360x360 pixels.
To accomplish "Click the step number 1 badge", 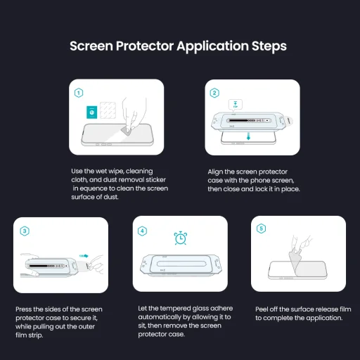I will tap(79, 93).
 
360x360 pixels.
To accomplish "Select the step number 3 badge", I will tap(25, 230).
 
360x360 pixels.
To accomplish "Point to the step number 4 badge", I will tap(143, 230).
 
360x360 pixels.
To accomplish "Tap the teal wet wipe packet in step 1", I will tap(91, 112).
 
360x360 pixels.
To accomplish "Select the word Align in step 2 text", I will tap(216, 172).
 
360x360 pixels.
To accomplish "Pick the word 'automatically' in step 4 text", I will tap(153, 317).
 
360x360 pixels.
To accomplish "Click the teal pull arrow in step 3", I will tap(84, 257).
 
